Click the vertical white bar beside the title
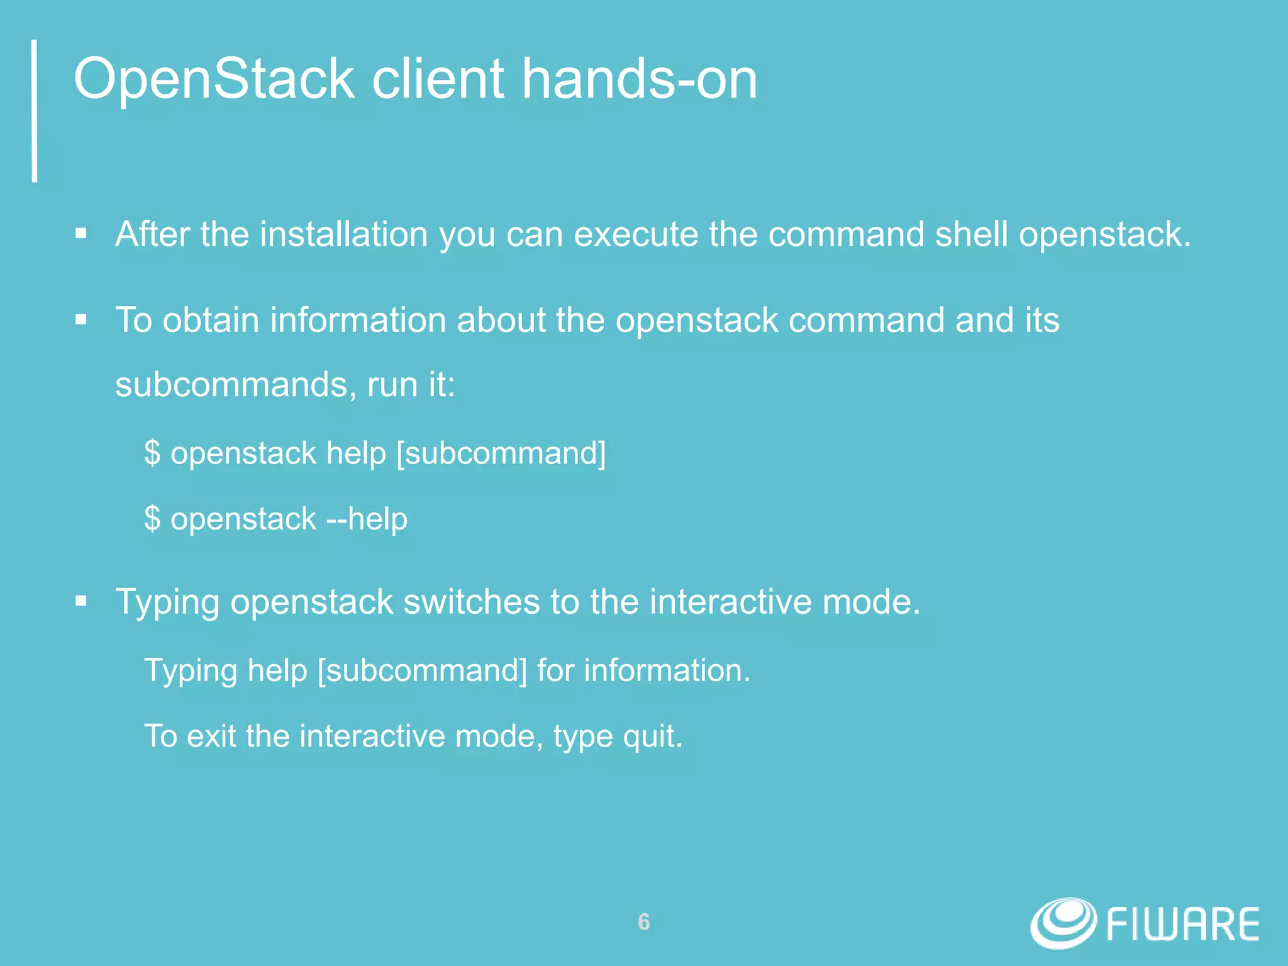point(35,111)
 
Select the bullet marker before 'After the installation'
point(80,235)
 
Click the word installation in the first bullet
point(344,235)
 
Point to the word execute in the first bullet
point(636,235)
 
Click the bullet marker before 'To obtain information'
point(80,320)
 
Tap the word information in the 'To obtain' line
point(358,320)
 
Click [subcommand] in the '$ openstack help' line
point(501,453)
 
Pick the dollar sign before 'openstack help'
point(152,453)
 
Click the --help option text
point(367,519)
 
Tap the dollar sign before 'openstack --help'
point(152,519)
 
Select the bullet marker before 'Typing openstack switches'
point(80,602)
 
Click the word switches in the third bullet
point(471,602)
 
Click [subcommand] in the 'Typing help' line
point(422,670)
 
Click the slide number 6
point(643,922)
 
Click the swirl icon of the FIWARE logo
point(1063,923)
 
